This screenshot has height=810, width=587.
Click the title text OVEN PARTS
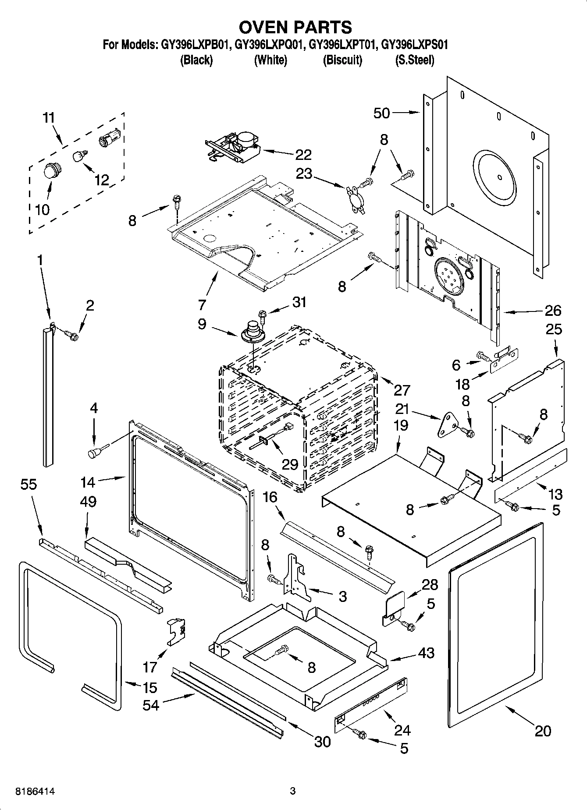point(295,27)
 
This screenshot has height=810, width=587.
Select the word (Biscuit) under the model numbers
point(342,60)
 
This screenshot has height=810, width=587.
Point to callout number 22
point(303,155)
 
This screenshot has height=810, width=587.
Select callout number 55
point(28,485)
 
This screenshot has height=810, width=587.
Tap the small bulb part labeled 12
point(79,156)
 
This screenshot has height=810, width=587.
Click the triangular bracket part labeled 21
point(448,424)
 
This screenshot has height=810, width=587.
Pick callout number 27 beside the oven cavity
point(402,389)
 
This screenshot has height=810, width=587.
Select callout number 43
point(426,653)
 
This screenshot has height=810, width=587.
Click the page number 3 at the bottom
point(293,791)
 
